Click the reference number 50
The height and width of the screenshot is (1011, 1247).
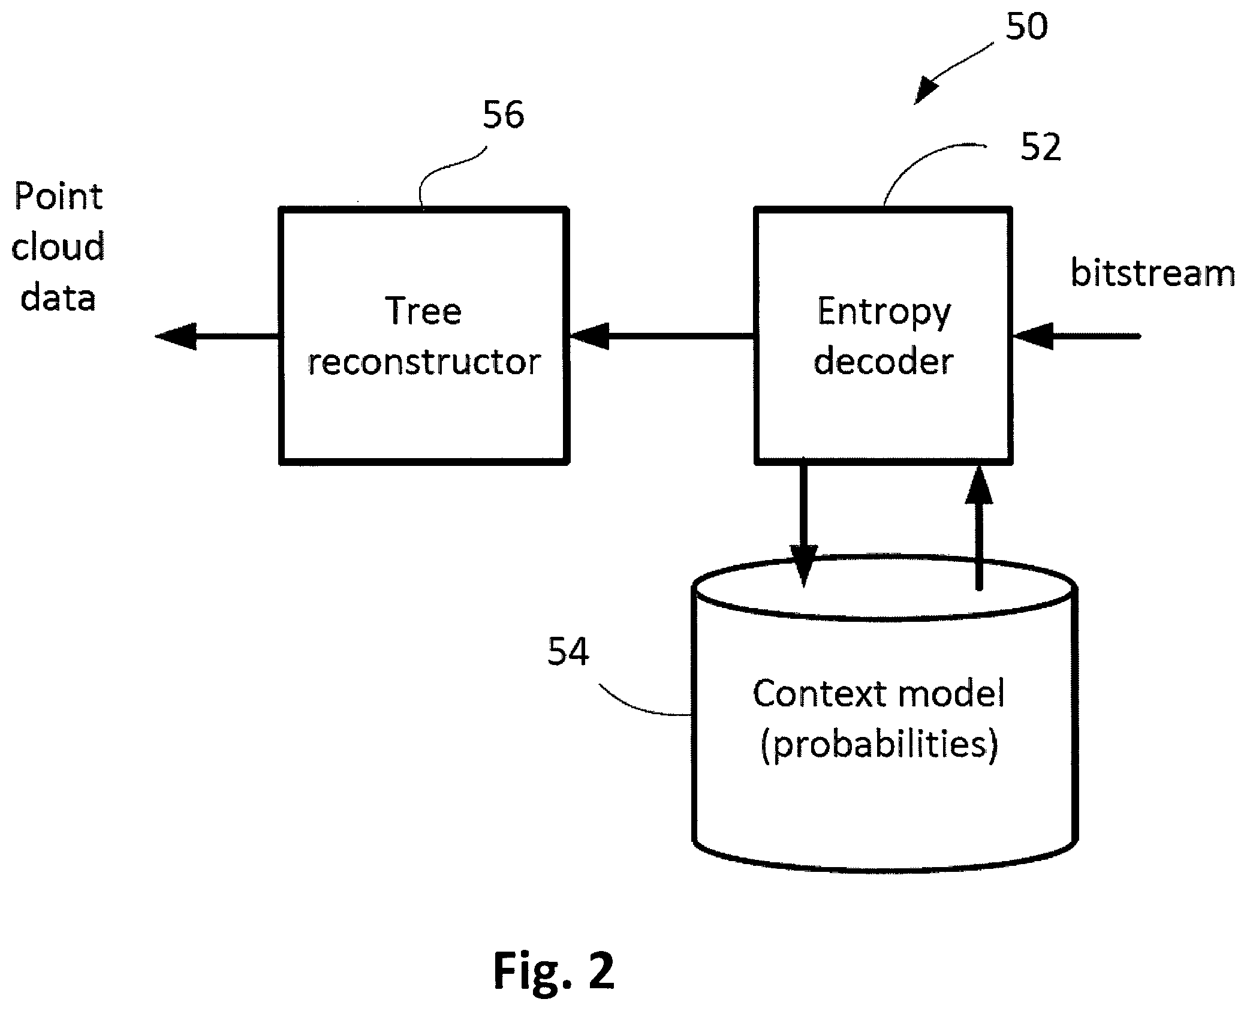tap(1026, 26)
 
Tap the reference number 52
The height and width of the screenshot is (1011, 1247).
tap(1041, 147)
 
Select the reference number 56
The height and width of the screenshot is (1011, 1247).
tap(504, 115)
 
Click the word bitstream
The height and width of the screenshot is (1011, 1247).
tap(1153, 273)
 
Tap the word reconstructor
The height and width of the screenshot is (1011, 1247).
tap(424, 362)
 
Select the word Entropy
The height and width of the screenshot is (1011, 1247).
tap(884, 313)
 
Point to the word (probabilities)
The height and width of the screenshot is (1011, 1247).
tap(879, 745)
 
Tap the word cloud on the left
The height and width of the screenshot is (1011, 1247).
tap(58, 246)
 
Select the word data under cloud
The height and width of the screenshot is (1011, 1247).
tap(58, 297)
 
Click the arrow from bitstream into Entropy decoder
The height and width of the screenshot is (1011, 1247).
tap(1076, 336)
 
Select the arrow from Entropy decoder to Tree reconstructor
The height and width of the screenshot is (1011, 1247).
tap(661, 336)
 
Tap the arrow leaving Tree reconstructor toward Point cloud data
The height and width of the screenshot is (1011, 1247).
tap(217, 336)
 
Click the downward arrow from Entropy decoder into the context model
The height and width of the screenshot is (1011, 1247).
tap(803, 525)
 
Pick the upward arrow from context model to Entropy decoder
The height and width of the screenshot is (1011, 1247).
tap(979, 528)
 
